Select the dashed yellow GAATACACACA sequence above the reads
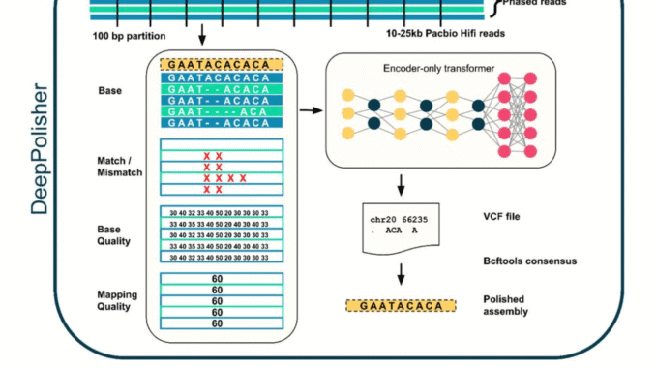pos(222,65)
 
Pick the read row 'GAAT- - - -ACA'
pos(222,110)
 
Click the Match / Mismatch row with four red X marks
pos(222,178)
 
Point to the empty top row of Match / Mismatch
pos(222,144)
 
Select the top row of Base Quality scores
pos(222,213)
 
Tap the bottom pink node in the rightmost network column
pos(531,151)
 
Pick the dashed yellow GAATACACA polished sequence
pos(400,307)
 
